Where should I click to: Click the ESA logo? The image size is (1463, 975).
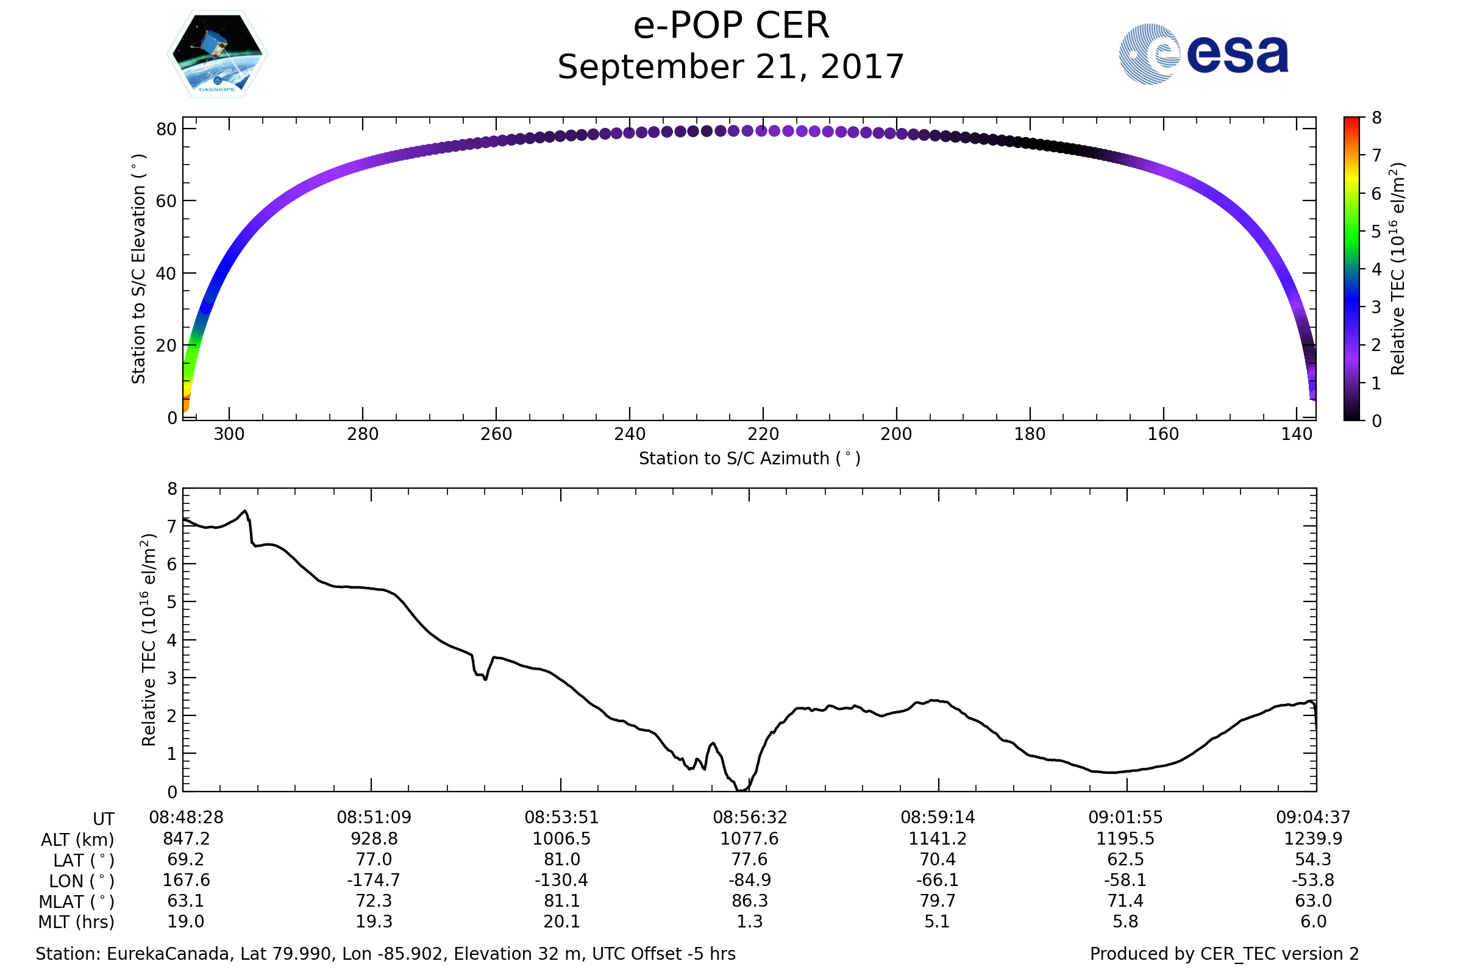pyautogui.click(x=1203, y=54)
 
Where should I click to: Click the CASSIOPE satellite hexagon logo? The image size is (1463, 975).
pyautogui.click(x=217, y=54)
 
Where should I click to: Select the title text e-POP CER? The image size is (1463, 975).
pyautogui.click(x=731, y=26)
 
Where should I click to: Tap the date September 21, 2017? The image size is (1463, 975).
pyautogui.click(x=731, y=67)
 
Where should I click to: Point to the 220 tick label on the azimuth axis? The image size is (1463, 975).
pyautogui.click(x=763, y=434)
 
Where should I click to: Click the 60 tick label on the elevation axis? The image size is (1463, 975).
pyautogui.click(x=166, y=201)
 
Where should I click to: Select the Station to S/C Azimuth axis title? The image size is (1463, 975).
pyautogui.click(x=750, y=459)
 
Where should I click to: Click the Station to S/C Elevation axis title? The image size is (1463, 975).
pyautogui.click(x=139, y=269)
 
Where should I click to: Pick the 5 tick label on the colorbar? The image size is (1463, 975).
pyautogui.click(x=1376, y=232)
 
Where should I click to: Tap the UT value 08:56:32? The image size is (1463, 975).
pyautogui.click(x=750, y=818)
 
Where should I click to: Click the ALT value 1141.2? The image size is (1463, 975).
pyautogui.click(x=938, y=839)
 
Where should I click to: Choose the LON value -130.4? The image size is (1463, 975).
pyautogui.click(x=561, y=881)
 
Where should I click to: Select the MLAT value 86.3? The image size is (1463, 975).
pyautogui.click(x=750, y=901)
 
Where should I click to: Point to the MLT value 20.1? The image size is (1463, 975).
pyautogui.click(x=561, y=921)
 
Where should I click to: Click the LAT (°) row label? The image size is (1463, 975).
pyautogui.click(x=84, y=860)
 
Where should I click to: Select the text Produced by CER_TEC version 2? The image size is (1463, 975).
pyautogui.click(x=1224, y=954)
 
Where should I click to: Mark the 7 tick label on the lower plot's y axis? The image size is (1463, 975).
pyautogui.click(x=173, y=526)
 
